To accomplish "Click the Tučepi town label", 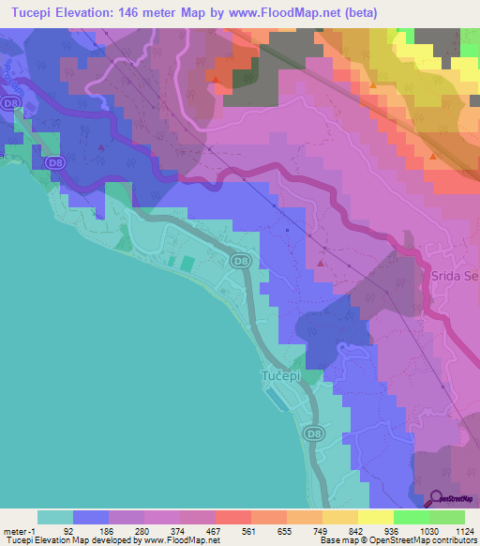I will pyautogui.click(x=278, y=376).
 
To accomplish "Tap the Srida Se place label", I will pyautogui.click(x=455, y=276).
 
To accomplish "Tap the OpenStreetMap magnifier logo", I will pyautogui.click(x=438, y=499).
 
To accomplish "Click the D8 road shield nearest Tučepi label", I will pyautogui.click(x=314, y=433).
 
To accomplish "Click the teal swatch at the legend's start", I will pyautogui.click(x=55, y=517).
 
